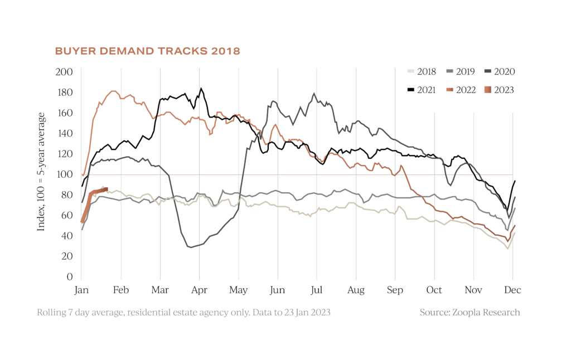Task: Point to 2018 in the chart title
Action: (226, 51)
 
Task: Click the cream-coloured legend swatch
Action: (411, 71)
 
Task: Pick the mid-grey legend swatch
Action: (449, 71)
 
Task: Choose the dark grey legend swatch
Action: (488, 71)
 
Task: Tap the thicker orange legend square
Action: (488, 90)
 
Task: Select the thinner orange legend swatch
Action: (449, 90)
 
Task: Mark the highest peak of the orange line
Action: (114, 90)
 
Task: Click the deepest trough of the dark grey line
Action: (190, 247)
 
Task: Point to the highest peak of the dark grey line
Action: (314, 93)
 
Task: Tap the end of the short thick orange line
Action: (107, 188)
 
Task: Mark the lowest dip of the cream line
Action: (507, 249)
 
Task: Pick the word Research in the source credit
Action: (502, 313)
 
